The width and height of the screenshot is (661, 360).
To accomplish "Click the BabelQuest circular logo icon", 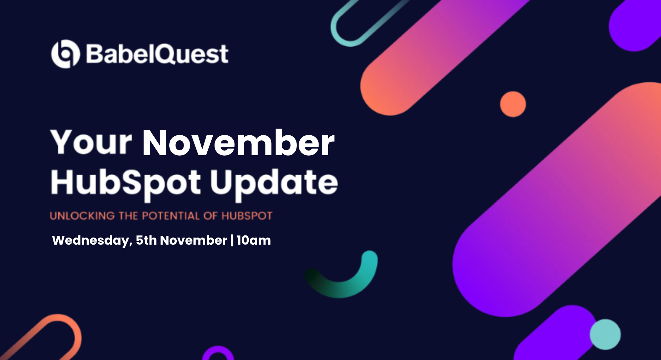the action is coord(65,54).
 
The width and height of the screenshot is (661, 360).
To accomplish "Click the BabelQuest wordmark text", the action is coord(157,54).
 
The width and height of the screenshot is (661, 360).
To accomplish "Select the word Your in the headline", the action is coord(91,142).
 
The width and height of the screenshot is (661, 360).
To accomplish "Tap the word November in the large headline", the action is coord(238,143).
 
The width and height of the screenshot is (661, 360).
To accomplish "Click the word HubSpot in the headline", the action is coord(126,184).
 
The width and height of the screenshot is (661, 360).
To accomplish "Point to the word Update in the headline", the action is coord(274,184).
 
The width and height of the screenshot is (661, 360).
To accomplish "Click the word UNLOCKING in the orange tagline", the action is coord(82,216).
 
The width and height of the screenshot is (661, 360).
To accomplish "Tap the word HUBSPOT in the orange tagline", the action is coord(247,216).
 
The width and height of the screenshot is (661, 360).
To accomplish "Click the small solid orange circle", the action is coord(513,104).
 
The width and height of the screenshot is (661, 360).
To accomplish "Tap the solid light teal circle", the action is coord(605,334).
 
